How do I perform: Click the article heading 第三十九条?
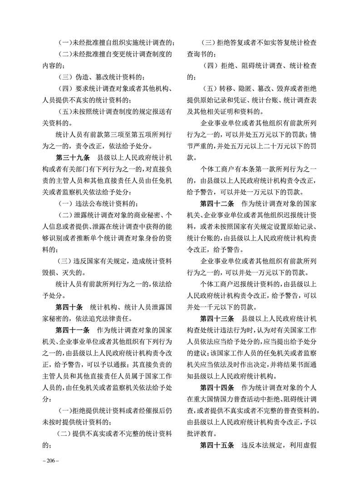(72, 158)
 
